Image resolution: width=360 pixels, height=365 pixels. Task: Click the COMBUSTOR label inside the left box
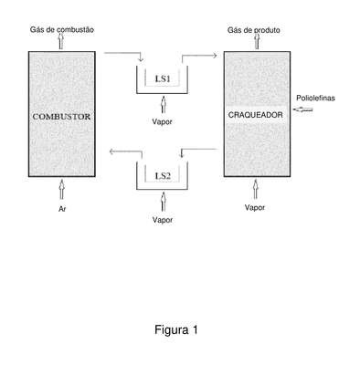(x=61, y=117)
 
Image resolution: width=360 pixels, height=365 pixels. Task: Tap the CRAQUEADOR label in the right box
(x=255, y=115)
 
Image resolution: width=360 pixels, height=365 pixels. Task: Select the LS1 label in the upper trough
(x=163, y=78)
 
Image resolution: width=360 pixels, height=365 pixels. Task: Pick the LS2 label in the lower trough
(x=163, y=176)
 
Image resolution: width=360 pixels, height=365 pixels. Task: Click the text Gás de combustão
(x=62, y=29)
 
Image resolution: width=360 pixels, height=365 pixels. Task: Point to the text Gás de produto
(x=254, y=30)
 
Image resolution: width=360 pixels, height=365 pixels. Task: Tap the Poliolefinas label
(x=315, y=98)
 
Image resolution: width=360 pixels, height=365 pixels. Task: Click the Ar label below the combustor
(x=62, y=209)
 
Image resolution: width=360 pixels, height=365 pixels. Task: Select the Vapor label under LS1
(x=162, y=121)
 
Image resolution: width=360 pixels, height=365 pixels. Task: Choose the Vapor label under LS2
(x=163, y=220)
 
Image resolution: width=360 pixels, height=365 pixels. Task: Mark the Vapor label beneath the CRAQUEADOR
(x=255, y=207)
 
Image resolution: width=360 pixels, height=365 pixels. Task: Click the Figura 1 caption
(x=176, y=329)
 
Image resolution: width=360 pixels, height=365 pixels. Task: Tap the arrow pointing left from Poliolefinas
(x=303, y=109)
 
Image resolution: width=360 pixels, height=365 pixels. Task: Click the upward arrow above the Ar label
(x=62, y=189)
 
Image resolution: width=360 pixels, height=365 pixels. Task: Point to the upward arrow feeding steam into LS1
(x=164, y=104)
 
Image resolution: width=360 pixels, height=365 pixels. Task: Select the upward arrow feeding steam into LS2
(x=164, y=202)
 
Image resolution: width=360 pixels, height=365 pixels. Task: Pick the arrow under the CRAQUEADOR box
(x=256, y=189)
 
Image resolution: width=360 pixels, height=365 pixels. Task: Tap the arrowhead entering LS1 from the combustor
(x=141, y=59)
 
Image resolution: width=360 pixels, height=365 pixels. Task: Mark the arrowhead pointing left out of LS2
(x=111, y=151)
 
